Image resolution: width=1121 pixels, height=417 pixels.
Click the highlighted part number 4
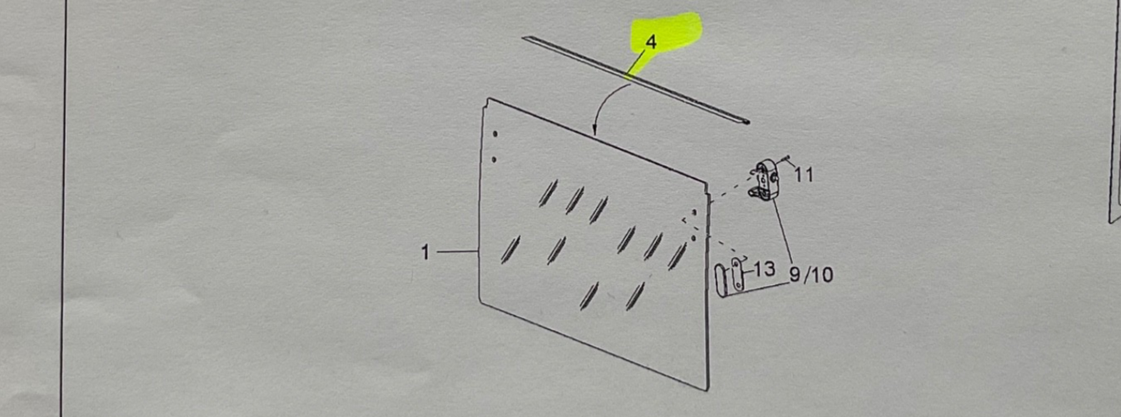pyautogui.click(x=651, y=42)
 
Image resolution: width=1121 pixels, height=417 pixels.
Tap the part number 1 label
pyautogui.click(x=426, y=252)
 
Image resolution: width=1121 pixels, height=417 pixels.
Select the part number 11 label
pyautogui.click(x=804, y=175)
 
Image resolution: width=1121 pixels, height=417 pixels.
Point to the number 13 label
pyautogui.click(x=765, y=269)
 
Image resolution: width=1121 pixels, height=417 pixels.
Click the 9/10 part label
pyautogui.click(x=811, y=274)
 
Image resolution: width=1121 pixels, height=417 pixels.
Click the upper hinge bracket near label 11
pyautogui.click(x=765, y=180)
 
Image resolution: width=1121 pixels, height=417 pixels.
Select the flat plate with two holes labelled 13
pyautogui.click(x=737, y=274)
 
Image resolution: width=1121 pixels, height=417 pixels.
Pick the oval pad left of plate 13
pyautogui.click(x=721, y=280)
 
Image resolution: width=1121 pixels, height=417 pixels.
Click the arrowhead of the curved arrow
pyautogui.click(x=595, y=132)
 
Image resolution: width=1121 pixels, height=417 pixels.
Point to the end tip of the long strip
pyautogui.click(x=748, y=122)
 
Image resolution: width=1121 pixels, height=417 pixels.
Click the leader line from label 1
pyautogui.click(x=458, y=251)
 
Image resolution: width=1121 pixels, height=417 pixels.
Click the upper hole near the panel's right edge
pyautogui.click(x=695, y=212)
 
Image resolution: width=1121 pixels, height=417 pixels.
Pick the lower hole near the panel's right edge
pyautogui.click(x=694, y=238)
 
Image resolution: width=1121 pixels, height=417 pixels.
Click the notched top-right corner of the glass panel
pyautogui.click(x=708, y=184)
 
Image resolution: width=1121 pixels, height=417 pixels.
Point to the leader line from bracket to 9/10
pyautogui.click(x=783, y=230)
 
